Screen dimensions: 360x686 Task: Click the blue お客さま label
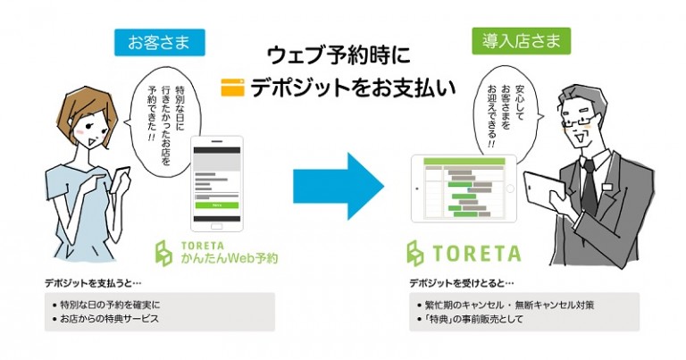point(160,41)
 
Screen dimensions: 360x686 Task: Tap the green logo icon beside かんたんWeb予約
point(164,254)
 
